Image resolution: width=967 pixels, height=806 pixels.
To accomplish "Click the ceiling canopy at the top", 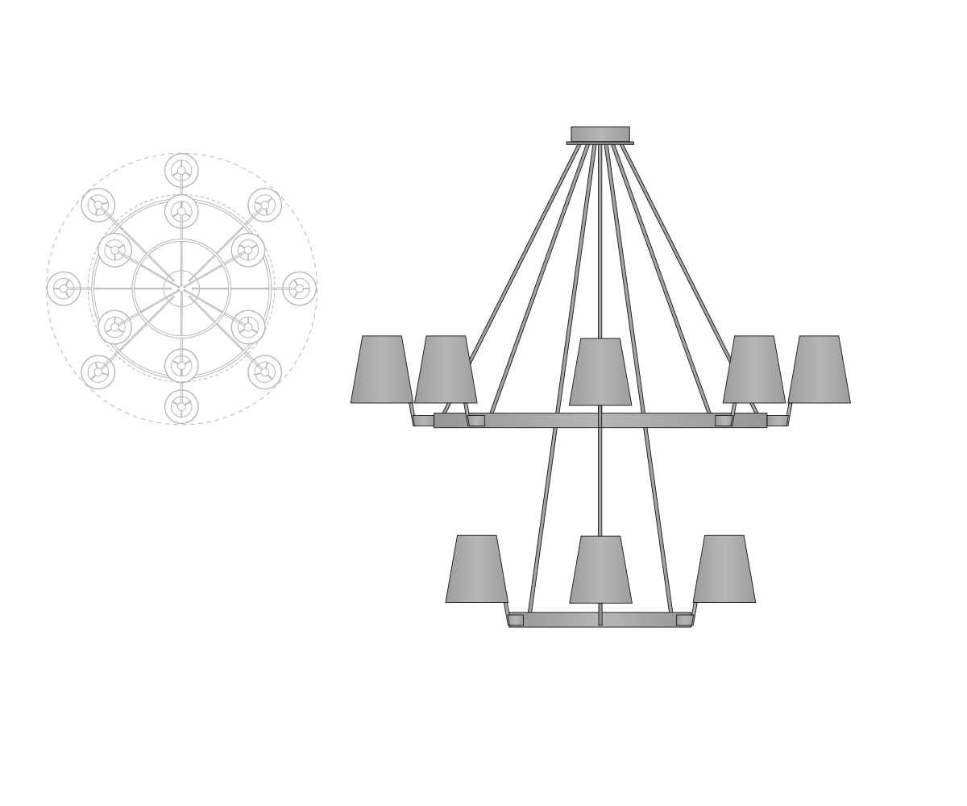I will pos(600,134).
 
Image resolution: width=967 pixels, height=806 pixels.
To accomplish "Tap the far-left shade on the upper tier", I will pos(381,369).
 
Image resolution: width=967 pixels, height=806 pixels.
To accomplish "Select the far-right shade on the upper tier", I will pos(819,369).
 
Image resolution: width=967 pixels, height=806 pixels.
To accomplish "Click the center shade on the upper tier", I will pos(600,372).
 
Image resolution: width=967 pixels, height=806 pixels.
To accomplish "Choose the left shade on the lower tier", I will pos(476,568).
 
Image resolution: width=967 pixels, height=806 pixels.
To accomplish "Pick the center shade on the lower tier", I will pos(600,569).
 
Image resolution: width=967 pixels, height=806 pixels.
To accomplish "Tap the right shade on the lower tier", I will pos(724,568).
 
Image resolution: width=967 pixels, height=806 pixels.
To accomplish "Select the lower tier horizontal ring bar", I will pos(600,619).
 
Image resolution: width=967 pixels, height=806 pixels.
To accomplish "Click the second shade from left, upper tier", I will pos(446,369).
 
